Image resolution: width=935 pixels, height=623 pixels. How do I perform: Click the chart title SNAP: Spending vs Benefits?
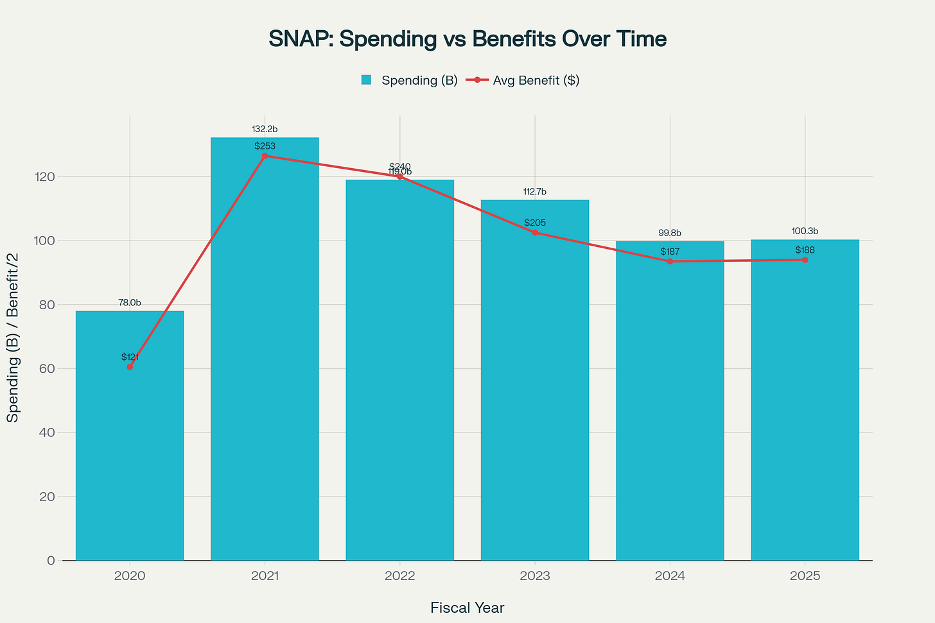(468, 39)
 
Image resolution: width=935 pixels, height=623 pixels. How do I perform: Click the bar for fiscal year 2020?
(130, 449)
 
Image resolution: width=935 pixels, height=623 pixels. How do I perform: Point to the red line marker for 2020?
(130, 367)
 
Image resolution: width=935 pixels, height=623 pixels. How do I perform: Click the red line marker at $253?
(265, 156)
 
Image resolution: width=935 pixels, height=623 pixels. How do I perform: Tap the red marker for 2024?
(670, 261)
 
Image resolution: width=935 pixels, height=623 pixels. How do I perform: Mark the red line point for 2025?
(805, 260)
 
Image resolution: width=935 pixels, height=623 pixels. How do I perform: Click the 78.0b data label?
(130, 303)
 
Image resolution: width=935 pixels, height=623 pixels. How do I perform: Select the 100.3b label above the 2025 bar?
(805, 231)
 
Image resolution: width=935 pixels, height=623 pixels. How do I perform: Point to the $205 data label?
(535, 223)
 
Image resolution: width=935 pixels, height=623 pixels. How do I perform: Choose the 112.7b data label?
(535, 192)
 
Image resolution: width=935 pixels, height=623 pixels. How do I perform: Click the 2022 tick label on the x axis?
(399, 576)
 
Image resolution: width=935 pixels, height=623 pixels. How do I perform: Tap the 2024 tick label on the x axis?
(670, 576)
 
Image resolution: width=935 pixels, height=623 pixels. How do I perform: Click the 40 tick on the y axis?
(46, 432)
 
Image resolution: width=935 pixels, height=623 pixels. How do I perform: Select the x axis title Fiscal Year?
(468, 608)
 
